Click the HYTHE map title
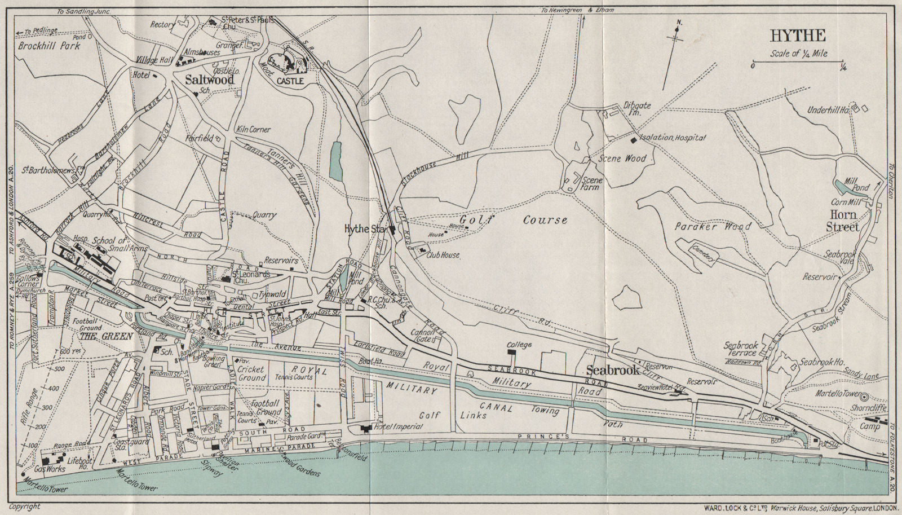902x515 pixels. click(x=798, y=36)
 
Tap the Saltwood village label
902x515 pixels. click(x=209, y=80)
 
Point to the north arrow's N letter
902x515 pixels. click(x=679, y=23)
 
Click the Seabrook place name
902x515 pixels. click(x=613, y=371)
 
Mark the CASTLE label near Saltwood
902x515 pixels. click(x=290, y=81)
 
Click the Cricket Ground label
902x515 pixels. click(x=252, y=373)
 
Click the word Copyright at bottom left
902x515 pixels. click(x=25, y=507)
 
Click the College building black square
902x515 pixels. click(x=511, y=352)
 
